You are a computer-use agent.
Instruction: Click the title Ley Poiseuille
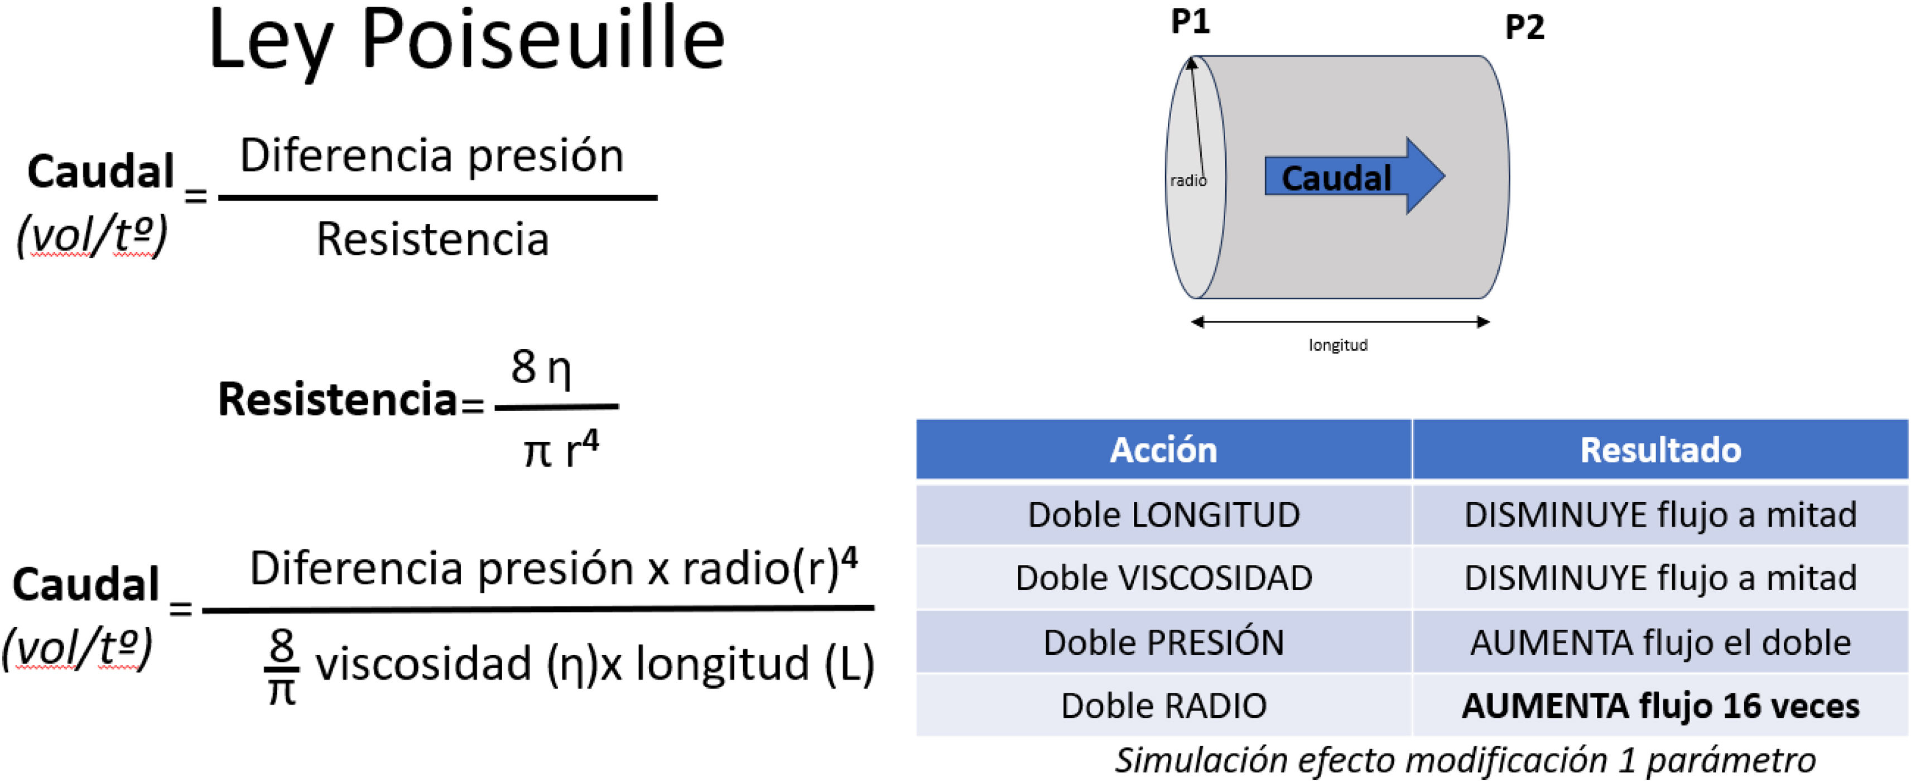pos(466,41)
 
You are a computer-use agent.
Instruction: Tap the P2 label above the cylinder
pos(1524,27)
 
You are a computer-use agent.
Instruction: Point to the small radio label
pos(1188,180)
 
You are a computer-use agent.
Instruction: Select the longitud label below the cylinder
pos(1337,345)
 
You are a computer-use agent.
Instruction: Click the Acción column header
pos(1163,450)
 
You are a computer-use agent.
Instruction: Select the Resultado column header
pos(1660,450)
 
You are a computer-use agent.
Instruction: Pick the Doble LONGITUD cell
pos(1163,515)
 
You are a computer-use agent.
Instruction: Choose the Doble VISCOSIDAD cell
pos(1163,578)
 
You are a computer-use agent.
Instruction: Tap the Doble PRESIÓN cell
pos(1163,643)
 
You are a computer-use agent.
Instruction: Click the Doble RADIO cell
pos(1163,706)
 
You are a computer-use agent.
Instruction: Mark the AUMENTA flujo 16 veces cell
pos(1660,706)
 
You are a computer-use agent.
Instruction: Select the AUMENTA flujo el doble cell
pos(1660,643)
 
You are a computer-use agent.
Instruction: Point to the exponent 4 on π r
pos(590,441)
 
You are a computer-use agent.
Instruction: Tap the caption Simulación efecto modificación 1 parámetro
pos(1465,760)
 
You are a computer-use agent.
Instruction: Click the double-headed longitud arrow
pos(1340,322)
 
